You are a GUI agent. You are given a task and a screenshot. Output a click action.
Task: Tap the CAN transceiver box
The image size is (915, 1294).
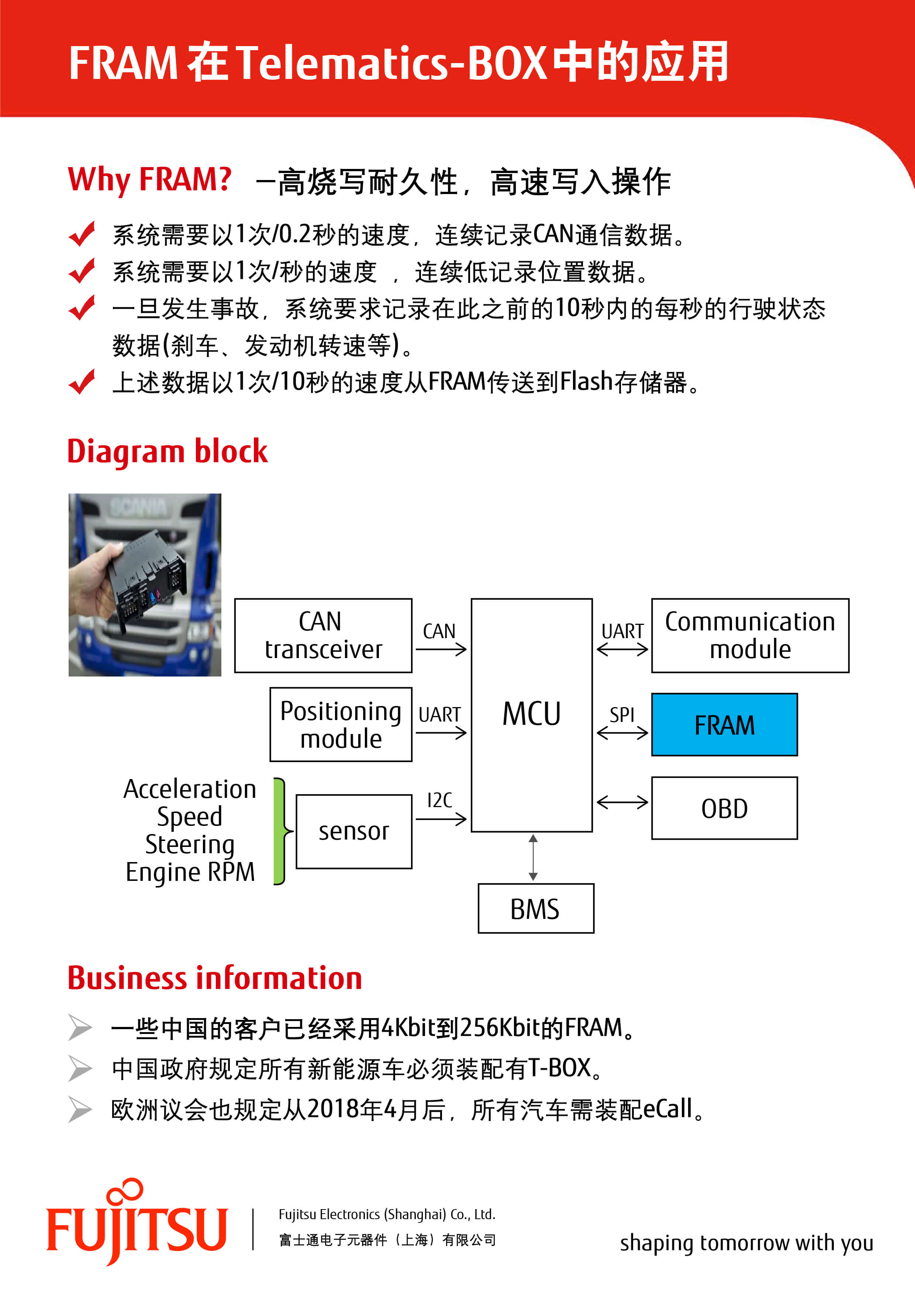(323, 635)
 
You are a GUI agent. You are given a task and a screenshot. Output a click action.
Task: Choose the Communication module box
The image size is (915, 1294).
(750, 635)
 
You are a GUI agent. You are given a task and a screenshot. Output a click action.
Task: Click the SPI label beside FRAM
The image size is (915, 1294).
(621, 715)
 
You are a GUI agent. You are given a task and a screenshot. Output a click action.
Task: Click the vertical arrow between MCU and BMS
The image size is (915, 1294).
(533, 857)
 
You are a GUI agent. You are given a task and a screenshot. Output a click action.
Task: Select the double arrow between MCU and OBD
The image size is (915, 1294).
(622, 802)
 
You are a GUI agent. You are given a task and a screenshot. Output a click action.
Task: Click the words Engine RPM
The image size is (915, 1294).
(190, 872)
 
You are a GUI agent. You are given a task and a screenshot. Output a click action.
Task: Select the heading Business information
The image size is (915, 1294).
(214, 978)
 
